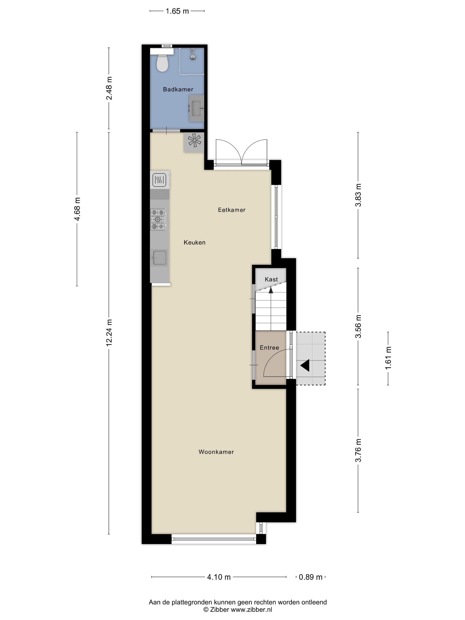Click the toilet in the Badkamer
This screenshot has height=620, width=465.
(x=162, y=63)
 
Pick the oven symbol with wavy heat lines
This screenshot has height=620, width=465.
(x=159, y=180)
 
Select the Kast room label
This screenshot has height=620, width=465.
(x=271, y=279)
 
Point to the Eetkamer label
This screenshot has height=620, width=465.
(x=232, y=210)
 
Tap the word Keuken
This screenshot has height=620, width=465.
(x=194, y=242)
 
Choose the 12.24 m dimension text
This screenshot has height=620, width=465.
(x=109, y=332)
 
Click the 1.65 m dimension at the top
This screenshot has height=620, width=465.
(x=177, y=11)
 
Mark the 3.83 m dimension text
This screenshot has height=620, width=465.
(x=358, y=195)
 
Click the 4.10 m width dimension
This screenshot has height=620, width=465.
(x=219, y=577)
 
